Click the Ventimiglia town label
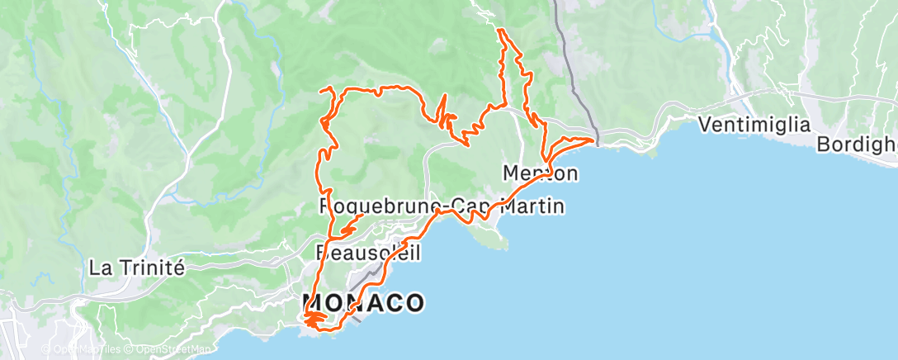pyautogui.click(x=754, y=126)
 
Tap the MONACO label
pyautogui.click(x=363, y=303)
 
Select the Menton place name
pyautogui.click(x=540, y=173)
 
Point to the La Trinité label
pyautogui.click(x=136, y=268)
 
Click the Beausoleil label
pyautogui.click(x=368, y=251)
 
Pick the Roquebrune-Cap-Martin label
pyautogui.click(x=442, y=206)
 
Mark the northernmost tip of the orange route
pyautogui.click(x=499, y=30)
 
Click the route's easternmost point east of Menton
pyautogui.click(x=593, y=140)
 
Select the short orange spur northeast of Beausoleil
pyautogui.click(x=352, y=224)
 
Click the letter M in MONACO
pyautogui.click(x=313, y=303)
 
